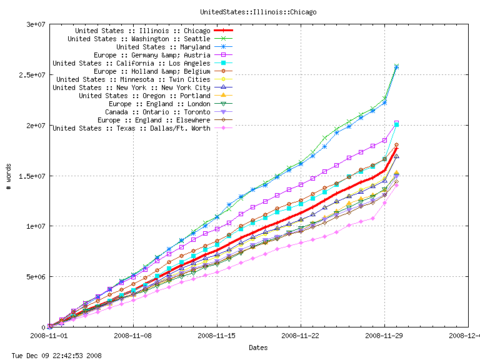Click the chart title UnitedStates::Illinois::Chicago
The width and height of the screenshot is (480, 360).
(258, 12)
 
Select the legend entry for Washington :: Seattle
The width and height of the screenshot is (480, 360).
(139, 39)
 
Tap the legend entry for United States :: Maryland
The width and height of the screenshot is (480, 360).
(163, 47)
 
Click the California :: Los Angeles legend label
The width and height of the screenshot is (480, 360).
(131, 63)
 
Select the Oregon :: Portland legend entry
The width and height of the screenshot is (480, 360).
(144, 96)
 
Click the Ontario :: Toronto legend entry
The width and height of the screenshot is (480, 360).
(157, 112)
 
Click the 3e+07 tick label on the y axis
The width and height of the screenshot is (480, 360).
(30, 24)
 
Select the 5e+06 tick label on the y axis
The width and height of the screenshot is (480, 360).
(30, 276)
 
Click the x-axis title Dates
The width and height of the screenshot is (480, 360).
(258, 347)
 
